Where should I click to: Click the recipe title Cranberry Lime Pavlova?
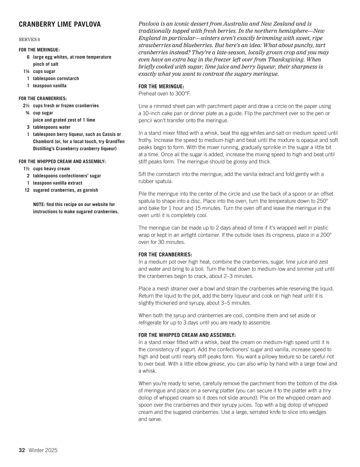click(x=60, y=25)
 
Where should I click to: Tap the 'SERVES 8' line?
click(x=29, y=40)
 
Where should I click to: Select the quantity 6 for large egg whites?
click(x=28, y=57)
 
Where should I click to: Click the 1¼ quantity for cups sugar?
click(x=26, y=71)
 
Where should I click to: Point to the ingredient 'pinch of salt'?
click(x=46, y=64)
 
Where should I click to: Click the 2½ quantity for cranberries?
click(x=26, y=106)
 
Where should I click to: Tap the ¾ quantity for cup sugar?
click(x=27, y=113)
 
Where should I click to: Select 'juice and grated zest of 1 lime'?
click(x=64, y=120)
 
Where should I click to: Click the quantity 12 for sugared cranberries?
click(x=27, y=190)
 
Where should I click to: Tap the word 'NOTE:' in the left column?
click(x=39, y=204)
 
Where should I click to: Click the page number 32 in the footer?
click(x=22, y=450)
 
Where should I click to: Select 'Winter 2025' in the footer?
click(x=43, y=450)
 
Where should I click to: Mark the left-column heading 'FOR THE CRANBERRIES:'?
click(x=43, y=98)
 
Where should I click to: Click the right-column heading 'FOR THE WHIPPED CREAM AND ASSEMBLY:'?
click(x=187, y=335)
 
